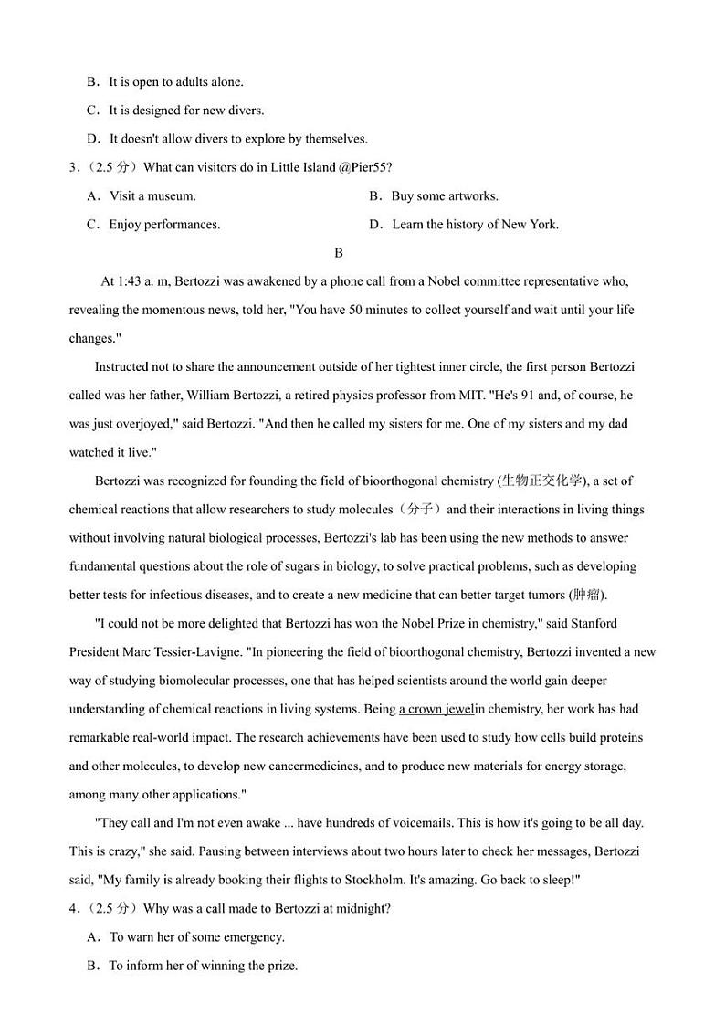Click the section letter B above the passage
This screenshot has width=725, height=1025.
pos(338,253)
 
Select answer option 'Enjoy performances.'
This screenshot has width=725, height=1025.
pos(163,225)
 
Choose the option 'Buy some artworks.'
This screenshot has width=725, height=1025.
pos(444,196)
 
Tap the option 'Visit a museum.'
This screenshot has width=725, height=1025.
pos(152,196)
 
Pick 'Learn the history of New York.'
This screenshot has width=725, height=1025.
pos(474,225)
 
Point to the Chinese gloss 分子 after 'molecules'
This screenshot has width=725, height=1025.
pos(421,510)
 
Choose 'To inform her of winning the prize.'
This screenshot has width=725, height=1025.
pos(203,966)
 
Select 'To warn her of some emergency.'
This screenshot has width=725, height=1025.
pos(196,937)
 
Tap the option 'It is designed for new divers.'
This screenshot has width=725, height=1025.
pos(185,111)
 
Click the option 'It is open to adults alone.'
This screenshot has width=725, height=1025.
pos(175,82)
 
